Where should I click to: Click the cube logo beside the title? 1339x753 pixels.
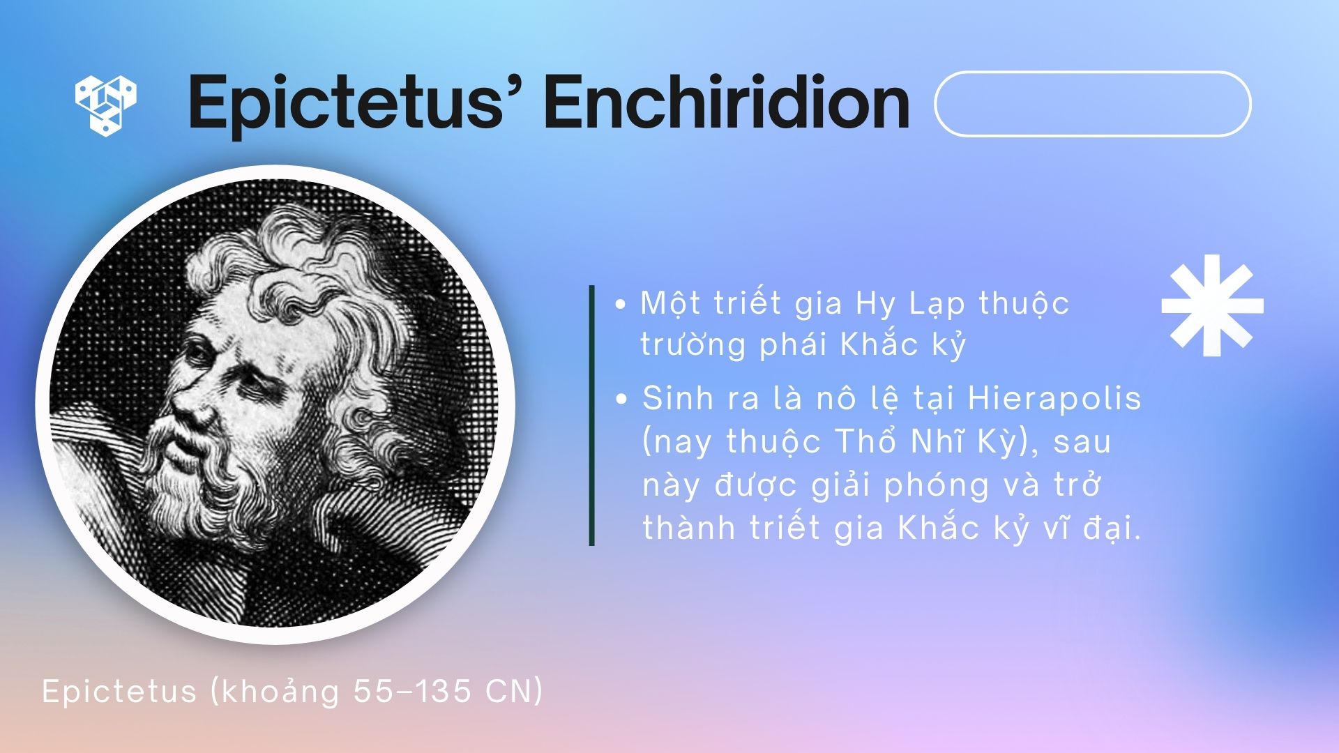coord(105,105)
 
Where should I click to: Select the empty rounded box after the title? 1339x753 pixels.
coord(1092,104)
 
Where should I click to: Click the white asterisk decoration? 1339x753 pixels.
coord(1212,305)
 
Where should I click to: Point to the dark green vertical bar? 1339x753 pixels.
coord(592,415)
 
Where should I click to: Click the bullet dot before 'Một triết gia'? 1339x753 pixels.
coord(620,305)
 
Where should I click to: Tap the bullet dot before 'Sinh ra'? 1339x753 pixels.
coord(621,400)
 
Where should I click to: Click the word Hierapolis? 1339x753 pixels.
coord(1054,399)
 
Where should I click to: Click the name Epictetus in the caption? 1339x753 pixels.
coord(119,692)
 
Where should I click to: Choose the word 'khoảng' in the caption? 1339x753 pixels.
coord(275,692)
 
